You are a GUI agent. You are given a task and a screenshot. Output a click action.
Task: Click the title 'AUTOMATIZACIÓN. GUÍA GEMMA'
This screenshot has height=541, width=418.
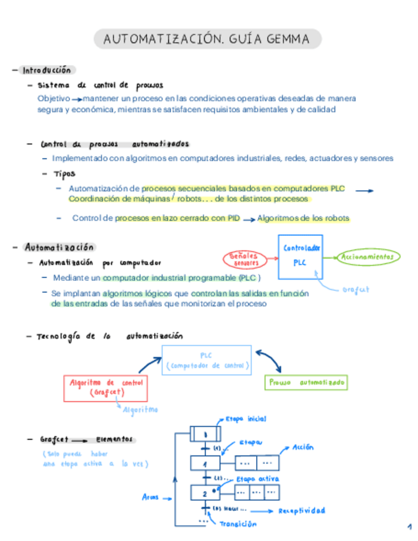point(208,40)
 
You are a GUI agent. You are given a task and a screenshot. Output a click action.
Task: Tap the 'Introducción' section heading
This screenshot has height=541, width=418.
point(47,70)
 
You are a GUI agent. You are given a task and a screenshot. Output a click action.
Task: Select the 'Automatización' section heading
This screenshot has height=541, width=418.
point(59,247)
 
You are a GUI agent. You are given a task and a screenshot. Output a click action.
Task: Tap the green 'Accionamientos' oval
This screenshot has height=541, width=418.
point(370,257)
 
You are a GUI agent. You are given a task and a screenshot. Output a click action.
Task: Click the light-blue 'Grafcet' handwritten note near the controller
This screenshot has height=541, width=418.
point(356,290)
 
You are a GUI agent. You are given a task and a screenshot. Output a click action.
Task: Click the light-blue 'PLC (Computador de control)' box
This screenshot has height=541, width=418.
point(206,360)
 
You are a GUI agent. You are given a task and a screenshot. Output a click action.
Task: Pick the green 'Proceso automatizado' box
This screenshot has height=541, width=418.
point(306,383)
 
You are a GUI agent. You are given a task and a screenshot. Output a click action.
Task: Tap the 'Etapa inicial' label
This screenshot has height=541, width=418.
point(245,419)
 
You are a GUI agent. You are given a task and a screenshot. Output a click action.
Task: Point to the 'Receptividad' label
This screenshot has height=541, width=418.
point(301,510)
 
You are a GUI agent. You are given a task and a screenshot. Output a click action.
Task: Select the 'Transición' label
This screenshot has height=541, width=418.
point(237,524)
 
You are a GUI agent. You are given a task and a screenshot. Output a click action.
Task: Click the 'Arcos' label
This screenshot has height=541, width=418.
point(150,497)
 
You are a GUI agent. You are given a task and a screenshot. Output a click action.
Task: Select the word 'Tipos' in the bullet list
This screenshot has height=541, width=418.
point(64,173)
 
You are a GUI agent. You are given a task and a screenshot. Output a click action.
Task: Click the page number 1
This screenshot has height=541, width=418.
point(408,527)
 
